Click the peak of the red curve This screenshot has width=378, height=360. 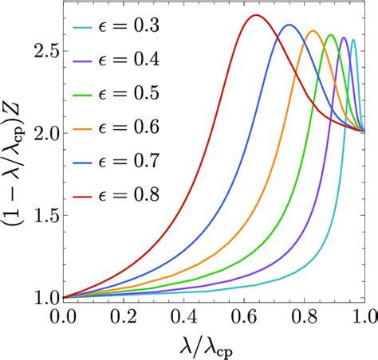255,15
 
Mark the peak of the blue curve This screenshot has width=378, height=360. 289,25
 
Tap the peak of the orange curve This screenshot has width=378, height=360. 313,31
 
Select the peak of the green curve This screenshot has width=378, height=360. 331,35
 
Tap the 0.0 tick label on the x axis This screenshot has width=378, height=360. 63,316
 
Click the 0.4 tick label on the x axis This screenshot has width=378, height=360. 183,316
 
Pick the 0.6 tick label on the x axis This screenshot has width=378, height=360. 244,316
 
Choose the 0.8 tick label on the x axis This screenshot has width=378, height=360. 304,316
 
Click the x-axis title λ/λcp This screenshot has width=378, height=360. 214,343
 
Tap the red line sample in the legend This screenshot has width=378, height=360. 87,194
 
